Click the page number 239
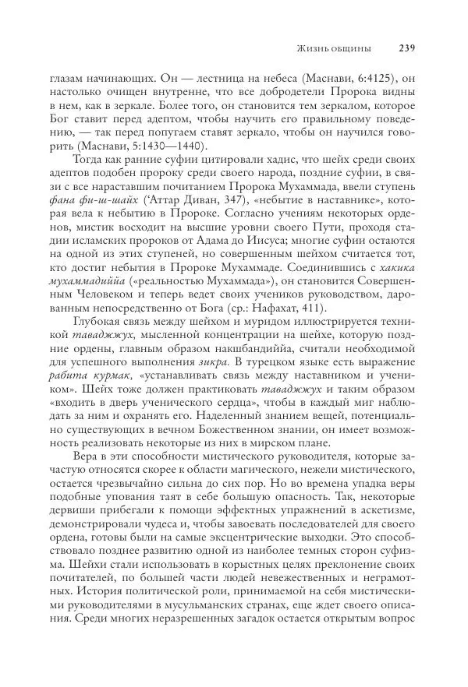pos(406,48)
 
